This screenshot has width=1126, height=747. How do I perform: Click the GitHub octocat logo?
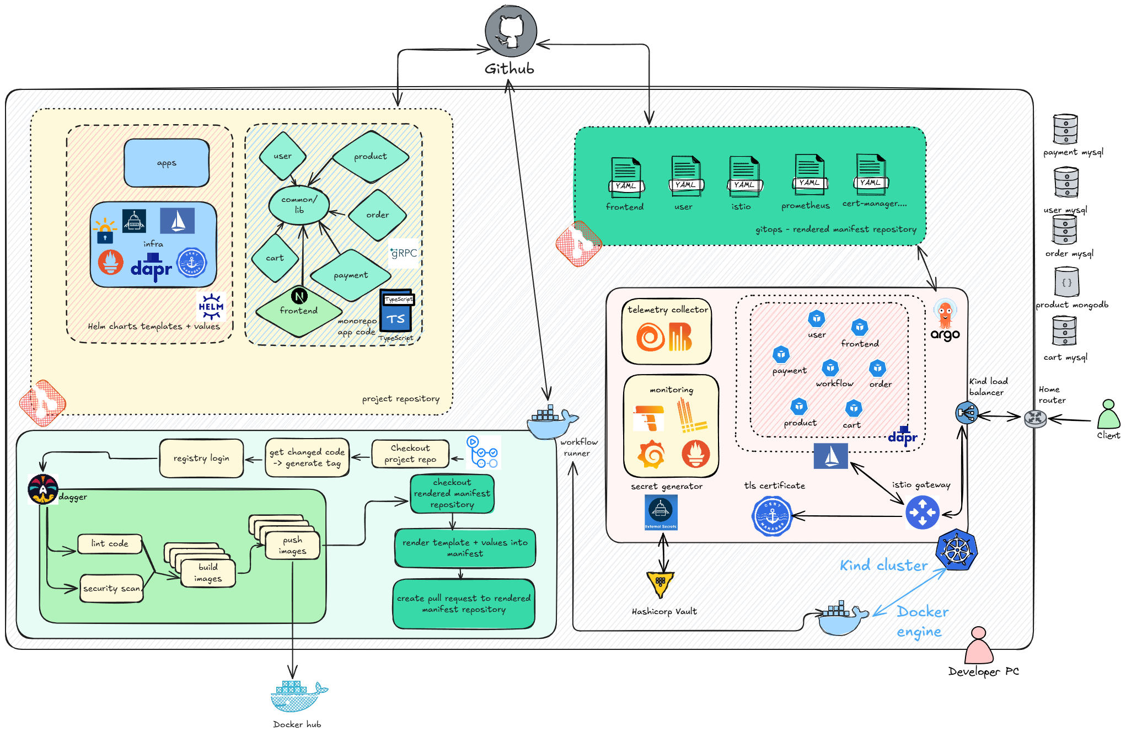click(511, 31)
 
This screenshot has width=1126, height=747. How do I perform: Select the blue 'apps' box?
click(167, 163)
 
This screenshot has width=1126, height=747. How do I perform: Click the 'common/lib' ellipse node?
click(299, 205)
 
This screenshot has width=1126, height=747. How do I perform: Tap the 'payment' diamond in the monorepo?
click(351, 275)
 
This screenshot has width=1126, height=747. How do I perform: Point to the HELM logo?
click(211, 307)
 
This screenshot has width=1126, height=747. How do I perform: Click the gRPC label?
click(404, 253)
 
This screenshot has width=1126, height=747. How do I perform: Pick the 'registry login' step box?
click(201, 458)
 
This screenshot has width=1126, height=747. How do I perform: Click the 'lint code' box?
click(110, 544)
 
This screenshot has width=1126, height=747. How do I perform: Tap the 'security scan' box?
click(112, 589)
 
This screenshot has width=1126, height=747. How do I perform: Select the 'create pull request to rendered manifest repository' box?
click(464, 604)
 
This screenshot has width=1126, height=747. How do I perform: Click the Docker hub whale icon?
click(298, 696)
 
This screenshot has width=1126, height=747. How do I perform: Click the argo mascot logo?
click(945, 314)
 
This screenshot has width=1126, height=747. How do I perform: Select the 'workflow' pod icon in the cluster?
click(830, 368)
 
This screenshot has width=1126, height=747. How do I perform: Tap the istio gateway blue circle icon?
click(922, 513)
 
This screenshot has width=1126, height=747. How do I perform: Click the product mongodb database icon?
click(1066, 282)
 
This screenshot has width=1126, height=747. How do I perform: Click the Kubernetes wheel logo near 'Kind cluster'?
click(957, 549)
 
